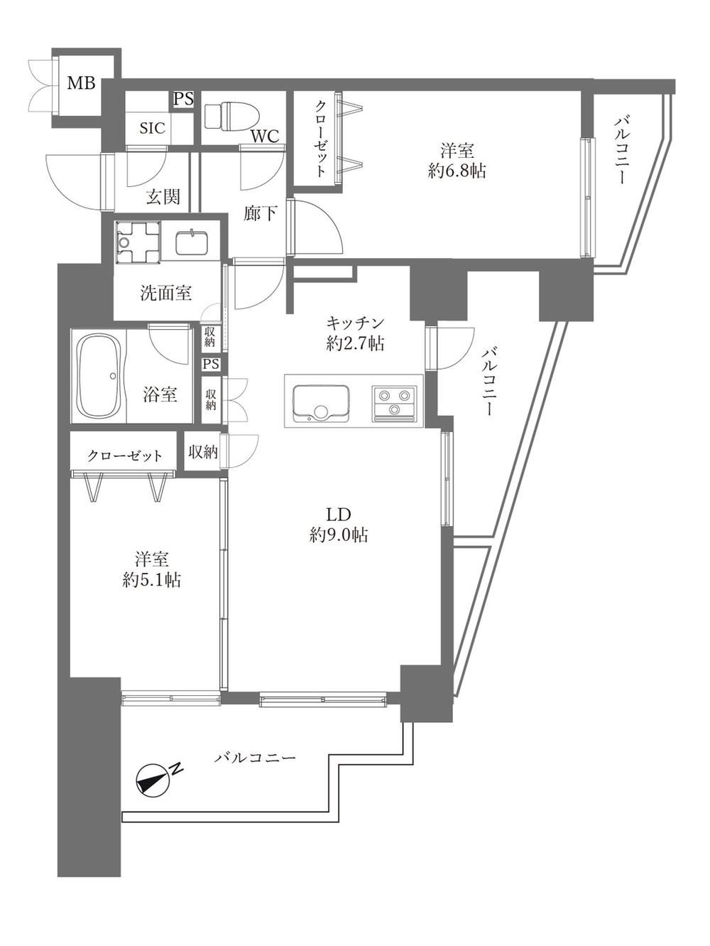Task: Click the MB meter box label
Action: click(81, 82)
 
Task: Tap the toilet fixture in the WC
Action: click(232, 117)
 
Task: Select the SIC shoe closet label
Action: click(153, 128)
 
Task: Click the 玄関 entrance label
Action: click(163, 198)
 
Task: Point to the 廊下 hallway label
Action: click(261, 213)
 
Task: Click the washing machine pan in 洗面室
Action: click(138, 242)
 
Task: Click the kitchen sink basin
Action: click(320, 404)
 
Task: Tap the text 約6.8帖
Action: click(457, 171)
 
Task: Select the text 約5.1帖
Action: click(151, 580)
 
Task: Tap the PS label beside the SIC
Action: click(183, 100)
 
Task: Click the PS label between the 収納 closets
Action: click(211, 364)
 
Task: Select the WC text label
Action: click(266, 136)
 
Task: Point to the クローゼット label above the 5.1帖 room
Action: click(125, 456)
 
